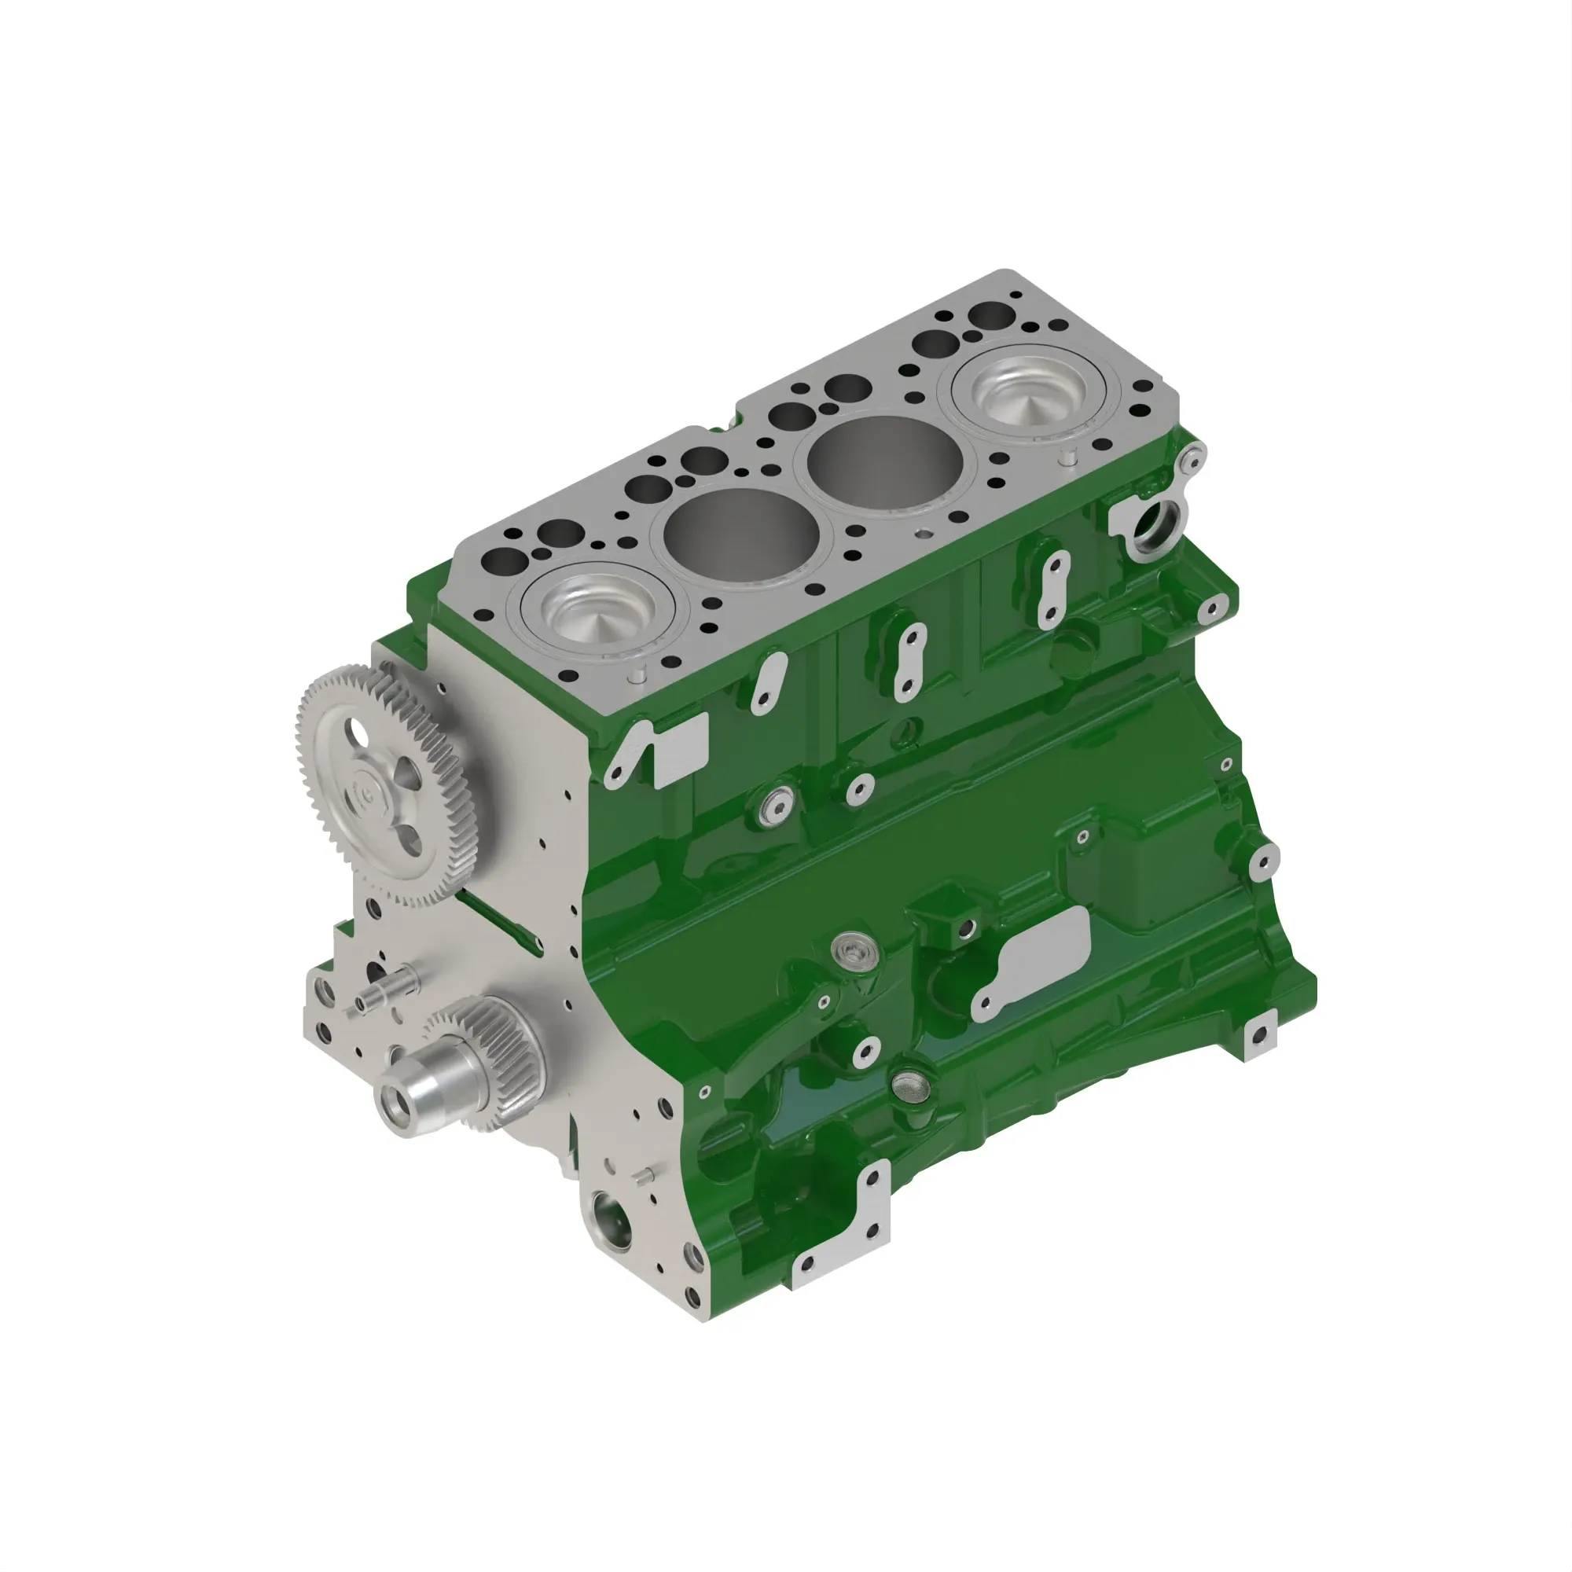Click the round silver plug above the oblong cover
(853, 949)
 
